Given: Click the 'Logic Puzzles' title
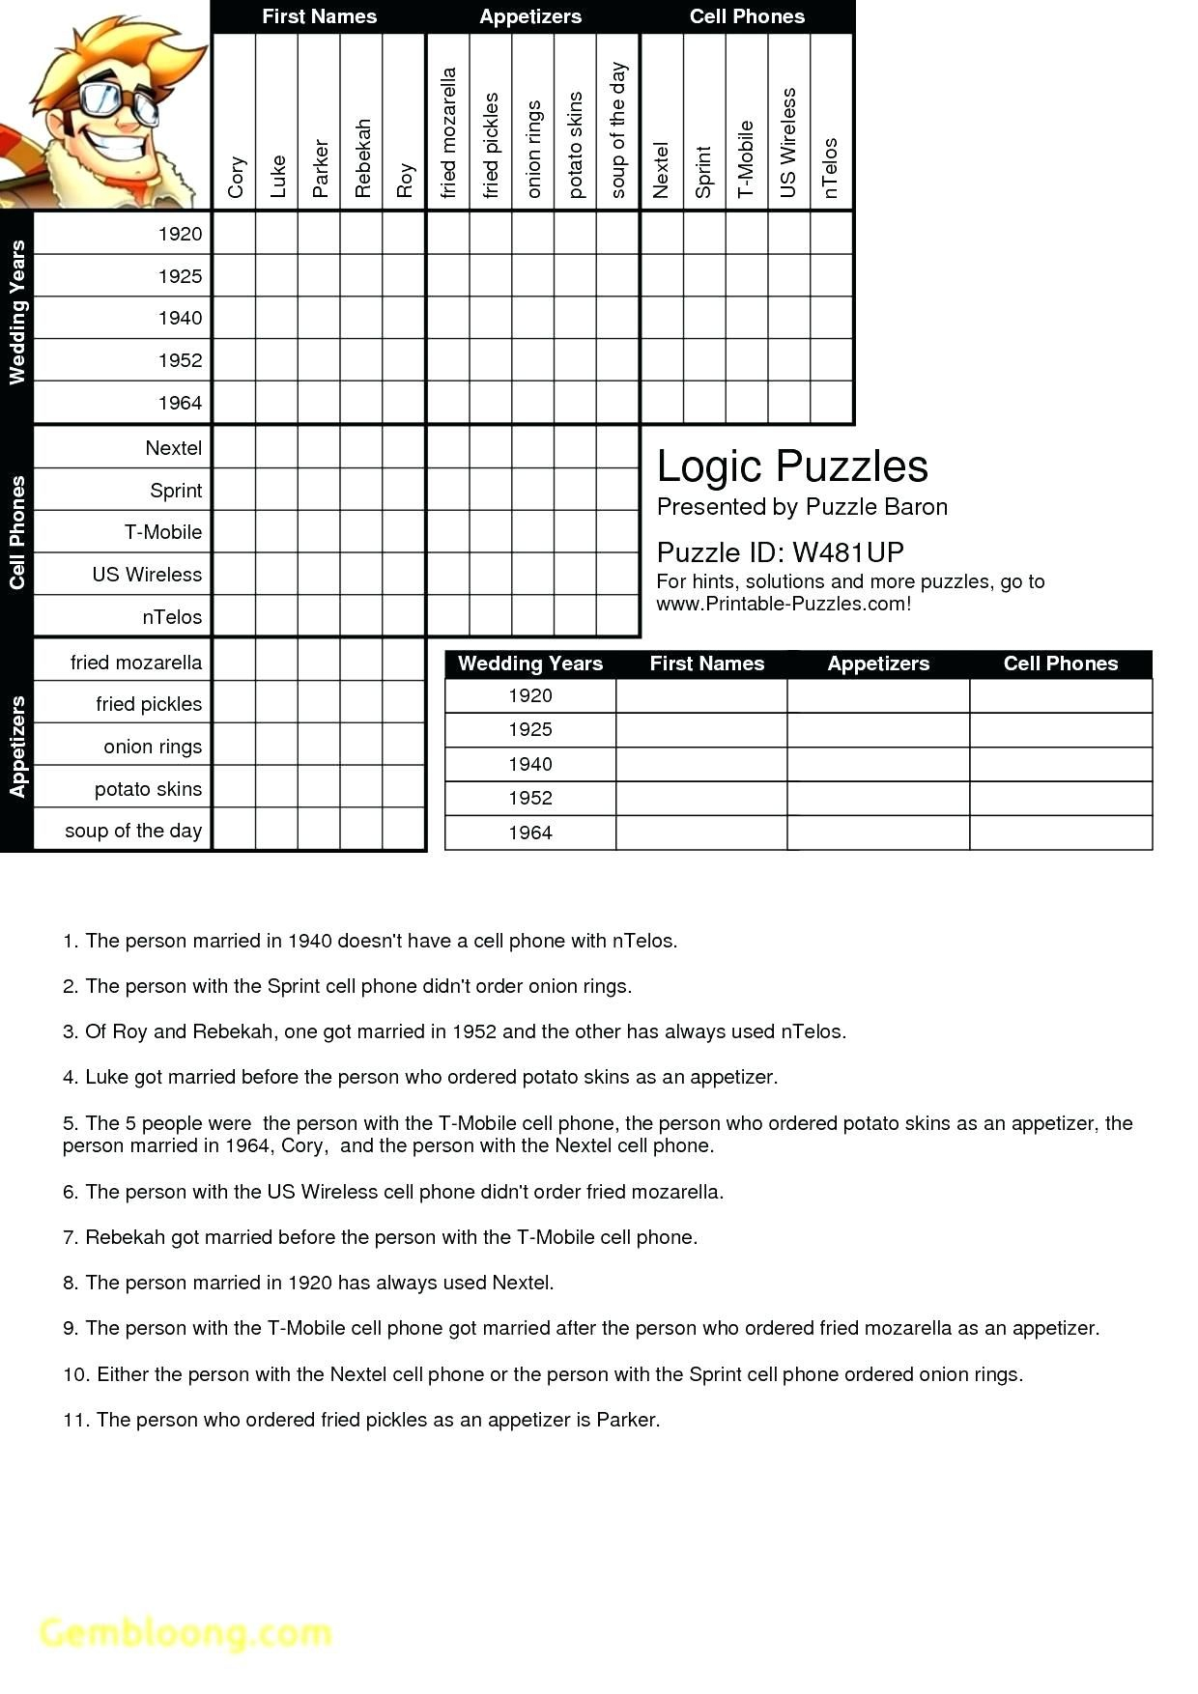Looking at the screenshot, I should point(791,466).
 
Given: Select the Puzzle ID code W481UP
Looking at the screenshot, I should point(847,552).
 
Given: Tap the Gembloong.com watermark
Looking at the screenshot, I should point(185,1632).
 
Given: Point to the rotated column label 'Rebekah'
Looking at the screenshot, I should point(362,158).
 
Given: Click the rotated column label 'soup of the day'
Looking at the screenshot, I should point(618,130).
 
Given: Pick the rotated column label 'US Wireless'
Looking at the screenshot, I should point(788,143).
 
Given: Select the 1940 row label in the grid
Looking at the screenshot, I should point(180,318).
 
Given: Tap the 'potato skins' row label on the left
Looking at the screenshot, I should point(148,789).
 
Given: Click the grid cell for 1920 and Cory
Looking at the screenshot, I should point(235,234).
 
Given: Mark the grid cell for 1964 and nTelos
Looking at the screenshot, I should point(831,403).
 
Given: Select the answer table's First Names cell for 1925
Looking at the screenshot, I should point(701,730).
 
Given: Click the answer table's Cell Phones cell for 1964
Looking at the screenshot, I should point(1060,833).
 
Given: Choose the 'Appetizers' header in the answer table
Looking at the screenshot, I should point(877,663).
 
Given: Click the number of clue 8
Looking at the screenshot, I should point(70,1283).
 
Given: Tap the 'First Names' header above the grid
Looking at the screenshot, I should point(319,16).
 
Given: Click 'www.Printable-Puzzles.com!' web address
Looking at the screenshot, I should point(783,605).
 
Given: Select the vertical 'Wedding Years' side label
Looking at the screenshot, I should point(16,313).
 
